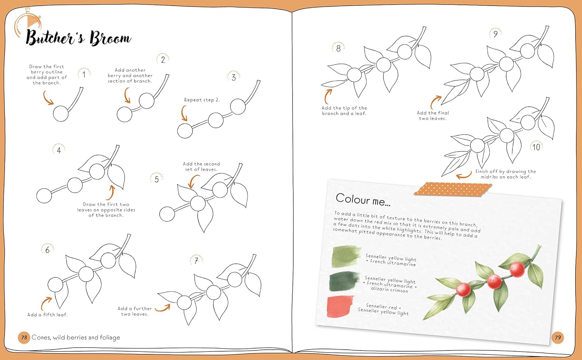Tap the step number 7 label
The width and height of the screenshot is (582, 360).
[196, 261]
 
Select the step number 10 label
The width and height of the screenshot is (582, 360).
[536, 147]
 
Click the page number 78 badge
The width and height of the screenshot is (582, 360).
[24, 337]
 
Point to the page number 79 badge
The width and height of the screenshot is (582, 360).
[558, 337]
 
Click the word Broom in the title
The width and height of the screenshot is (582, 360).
[110, 38]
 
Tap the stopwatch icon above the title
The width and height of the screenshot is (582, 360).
[28, 23]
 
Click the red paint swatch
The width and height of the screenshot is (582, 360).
[340, 306]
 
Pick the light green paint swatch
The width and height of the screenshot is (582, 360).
[346, 256]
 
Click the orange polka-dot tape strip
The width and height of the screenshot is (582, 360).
[453, 189]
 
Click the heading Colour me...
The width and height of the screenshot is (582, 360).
[363, 200]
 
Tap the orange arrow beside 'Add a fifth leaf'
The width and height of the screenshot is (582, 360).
[46, 303]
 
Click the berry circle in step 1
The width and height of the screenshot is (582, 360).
[61, 114]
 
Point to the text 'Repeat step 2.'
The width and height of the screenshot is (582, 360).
[202, 100]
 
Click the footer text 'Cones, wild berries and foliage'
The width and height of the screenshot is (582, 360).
[76, 337]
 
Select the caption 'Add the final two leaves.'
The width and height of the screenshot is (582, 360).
[433, 116]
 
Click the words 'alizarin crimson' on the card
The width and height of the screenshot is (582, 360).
[389, 289]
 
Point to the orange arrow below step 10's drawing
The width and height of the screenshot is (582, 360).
[464, 176]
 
